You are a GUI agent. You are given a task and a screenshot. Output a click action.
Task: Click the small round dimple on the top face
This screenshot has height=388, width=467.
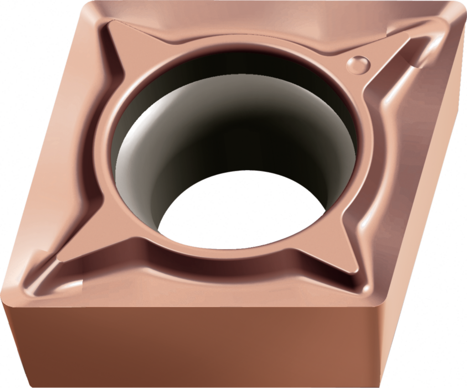click(x=358, y=64)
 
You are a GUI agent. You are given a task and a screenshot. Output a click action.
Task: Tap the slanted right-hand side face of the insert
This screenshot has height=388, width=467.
click(x=424, y=183)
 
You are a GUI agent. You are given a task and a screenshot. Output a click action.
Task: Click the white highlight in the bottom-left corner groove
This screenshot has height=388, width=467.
click(x=68, y=285)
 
